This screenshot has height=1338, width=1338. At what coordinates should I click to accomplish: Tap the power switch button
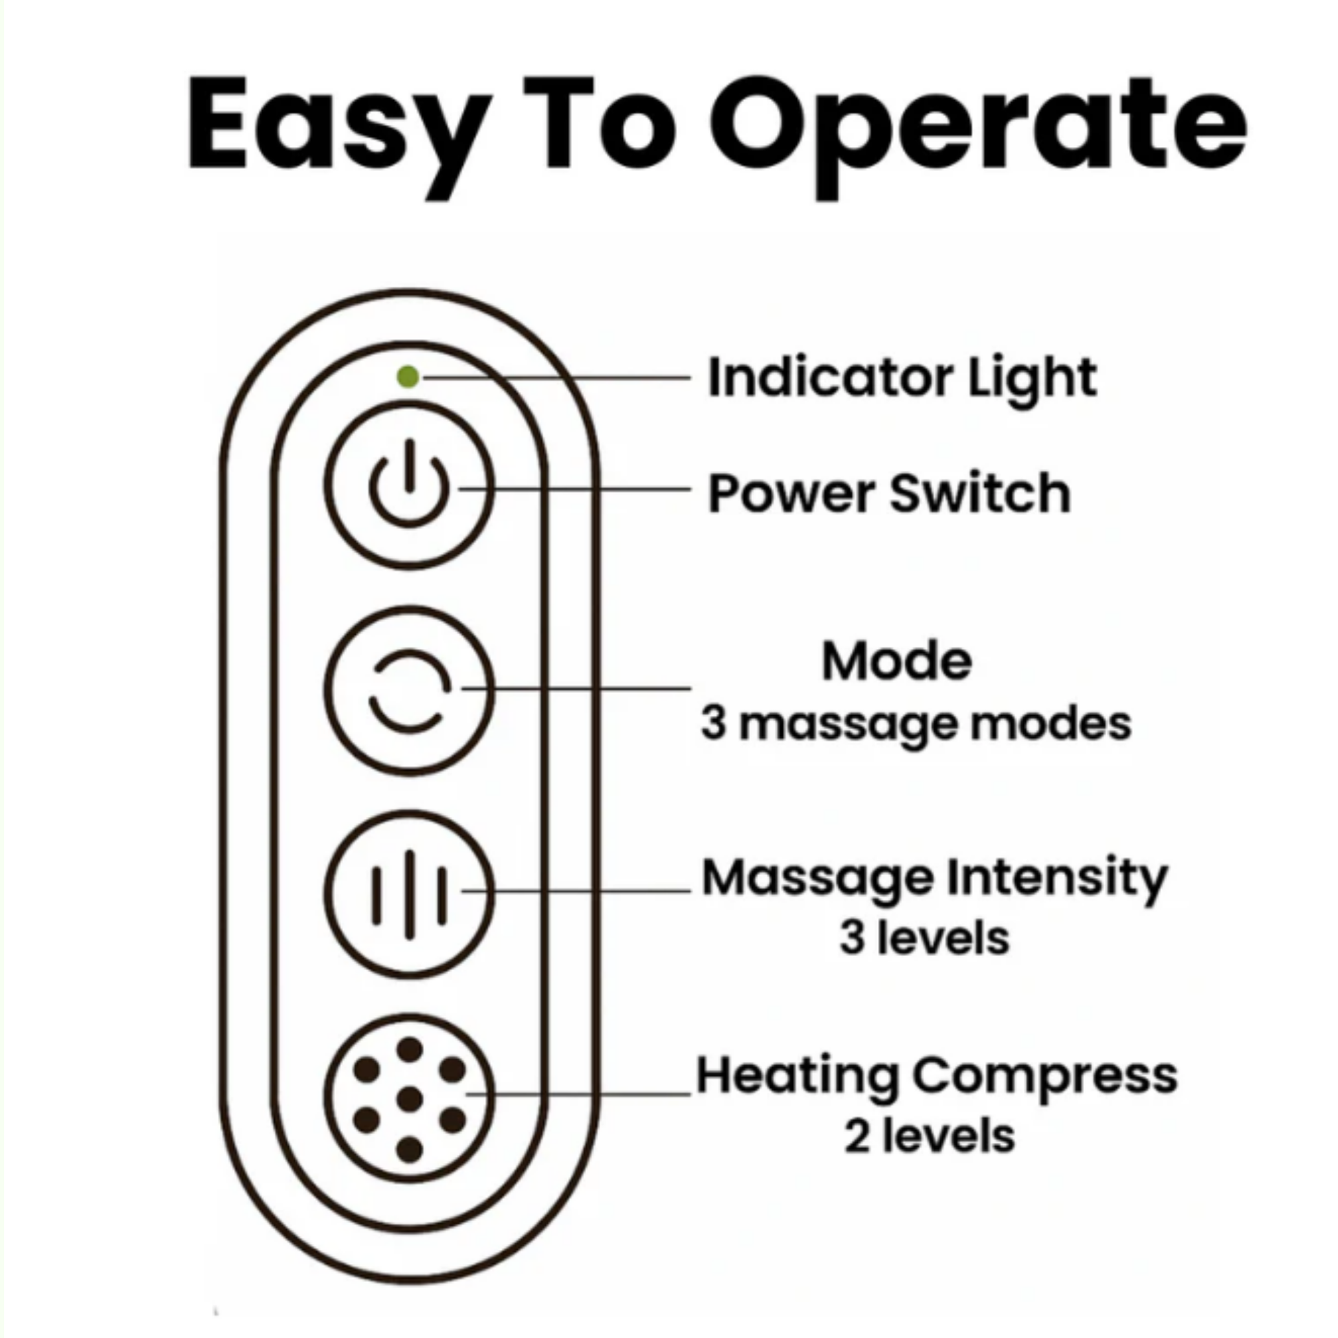pyautogui.click(x=409, y=485)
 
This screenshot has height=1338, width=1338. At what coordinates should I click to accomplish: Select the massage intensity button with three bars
pyautogui.click(x=409, y=894)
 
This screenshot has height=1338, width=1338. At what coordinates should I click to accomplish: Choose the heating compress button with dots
pyautogui.click(x=409, y=1099)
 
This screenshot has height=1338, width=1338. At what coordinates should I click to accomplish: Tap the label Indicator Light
pyautogui.click(x=902, y=378)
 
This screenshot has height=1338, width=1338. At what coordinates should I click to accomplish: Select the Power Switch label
pyautogui.click(x=889, y=492)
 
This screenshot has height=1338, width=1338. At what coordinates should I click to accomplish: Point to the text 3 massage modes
pyautogui.click(x=916, y=725)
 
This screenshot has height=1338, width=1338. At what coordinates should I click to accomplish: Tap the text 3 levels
pyautogui.click(x=925, y=939)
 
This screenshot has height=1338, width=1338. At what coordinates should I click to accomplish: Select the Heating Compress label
pyautogui.click(x=936, y=1077)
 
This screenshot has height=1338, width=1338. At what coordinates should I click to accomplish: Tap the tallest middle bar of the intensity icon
pyautogui.click(x=409, y=894)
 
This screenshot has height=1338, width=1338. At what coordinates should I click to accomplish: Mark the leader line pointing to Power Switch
pyautogui.click(x=574, y=489)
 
